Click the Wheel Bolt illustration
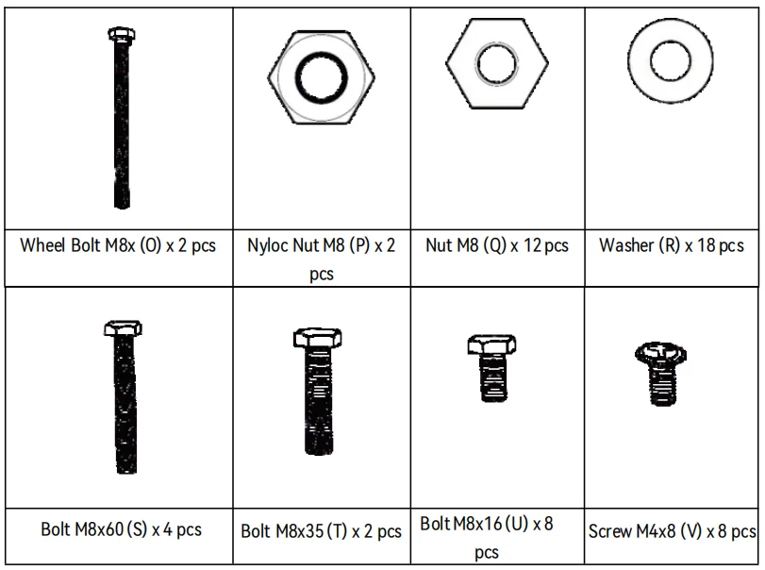(x=122, y=118)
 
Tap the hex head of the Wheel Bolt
(x=122, y=35)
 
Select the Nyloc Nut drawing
(x=321, y=77)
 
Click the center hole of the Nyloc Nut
(x=321, y=77)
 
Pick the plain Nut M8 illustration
(x=497, y=63)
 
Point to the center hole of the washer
(x=671, y=61)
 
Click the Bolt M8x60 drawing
(x=124, y=396)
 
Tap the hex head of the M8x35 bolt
(x=318, y=338)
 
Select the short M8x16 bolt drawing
(x=491, y=368)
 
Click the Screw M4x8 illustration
(x=660, y=374)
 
